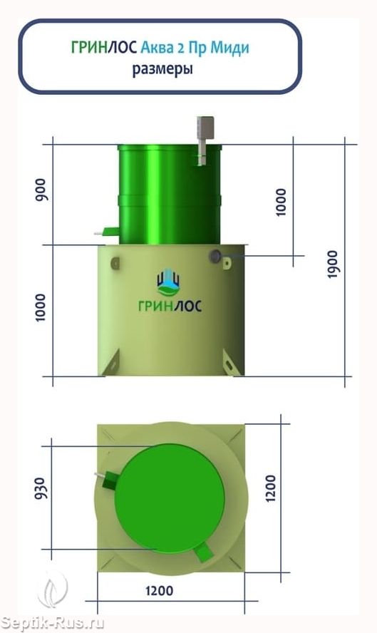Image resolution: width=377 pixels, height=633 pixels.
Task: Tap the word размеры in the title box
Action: click(x=162, y=68)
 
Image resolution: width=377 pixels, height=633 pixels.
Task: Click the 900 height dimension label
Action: click(x=41, y=190)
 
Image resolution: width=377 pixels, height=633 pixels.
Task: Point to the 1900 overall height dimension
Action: click(x=334, y=264)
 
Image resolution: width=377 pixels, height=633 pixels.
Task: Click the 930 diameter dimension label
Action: click(x=41, y=488)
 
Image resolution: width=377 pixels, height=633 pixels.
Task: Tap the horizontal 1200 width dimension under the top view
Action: click(x=159, y=591)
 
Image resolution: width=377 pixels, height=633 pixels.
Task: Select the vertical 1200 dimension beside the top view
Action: click(x=270, y=488)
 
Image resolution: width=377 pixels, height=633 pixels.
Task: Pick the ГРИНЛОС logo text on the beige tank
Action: click(x=170, y=306)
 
